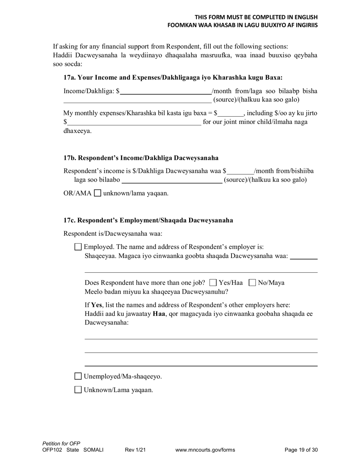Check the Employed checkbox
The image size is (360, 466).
78,247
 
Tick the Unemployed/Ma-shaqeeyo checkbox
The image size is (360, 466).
78,376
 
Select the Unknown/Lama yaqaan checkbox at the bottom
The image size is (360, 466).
78,390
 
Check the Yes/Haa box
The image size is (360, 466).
213,283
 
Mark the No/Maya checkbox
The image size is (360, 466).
252,283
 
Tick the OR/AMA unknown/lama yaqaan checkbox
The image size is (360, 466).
97,193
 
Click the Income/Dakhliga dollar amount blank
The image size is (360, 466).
166,91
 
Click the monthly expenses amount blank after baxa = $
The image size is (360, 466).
230,113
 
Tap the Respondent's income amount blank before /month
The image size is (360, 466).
240,171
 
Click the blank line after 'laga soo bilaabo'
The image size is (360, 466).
172,180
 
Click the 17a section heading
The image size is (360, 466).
173,78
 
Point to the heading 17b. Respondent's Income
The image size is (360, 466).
141,158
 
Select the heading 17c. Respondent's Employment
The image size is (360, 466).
148,220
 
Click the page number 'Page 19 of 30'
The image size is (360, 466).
301,450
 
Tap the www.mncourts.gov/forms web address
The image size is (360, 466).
205,450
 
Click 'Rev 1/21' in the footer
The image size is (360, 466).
135,450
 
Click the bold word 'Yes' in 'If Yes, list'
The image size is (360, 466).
97,305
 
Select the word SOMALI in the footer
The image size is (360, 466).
93,450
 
